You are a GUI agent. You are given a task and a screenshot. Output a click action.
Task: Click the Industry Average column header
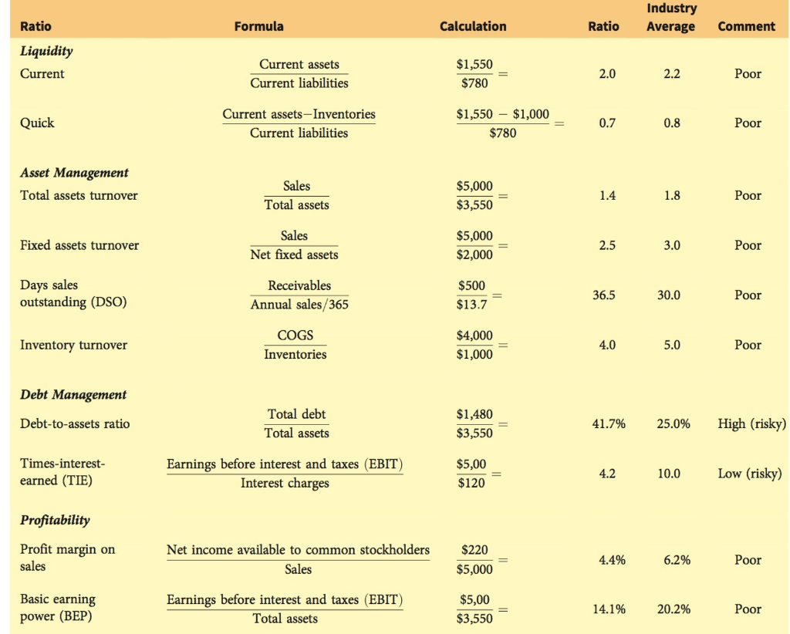(x=671, y=18)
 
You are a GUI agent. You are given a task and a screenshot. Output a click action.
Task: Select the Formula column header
(x=258, y=26)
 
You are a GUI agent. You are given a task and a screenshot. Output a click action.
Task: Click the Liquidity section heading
(x=46, y=51)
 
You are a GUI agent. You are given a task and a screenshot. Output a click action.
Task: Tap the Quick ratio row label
(x=37, y=123)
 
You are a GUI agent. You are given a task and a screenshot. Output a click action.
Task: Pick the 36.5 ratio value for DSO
(x=603, y=295)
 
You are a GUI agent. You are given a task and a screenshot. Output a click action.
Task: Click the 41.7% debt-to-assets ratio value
(x=606, y=423)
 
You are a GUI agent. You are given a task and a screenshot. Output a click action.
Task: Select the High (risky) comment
(x=751, y=423)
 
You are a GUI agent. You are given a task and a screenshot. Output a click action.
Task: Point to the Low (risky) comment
(x=749, y=473)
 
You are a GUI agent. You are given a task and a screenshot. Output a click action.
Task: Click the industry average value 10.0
(x=669, y=473)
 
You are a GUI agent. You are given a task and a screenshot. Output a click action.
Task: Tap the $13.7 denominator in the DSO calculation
(x=472, y=305)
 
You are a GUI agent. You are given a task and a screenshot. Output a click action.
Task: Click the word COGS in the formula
(x=295, y=336)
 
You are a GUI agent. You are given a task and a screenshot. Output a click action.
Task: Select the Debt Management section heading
(x=73, y=395)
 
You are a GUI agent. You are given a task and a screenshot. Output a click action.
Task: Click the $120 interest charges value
(x=472, y=484)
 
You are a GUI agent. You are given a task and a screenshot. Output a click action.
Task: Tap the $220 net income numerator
(x=474, y=550)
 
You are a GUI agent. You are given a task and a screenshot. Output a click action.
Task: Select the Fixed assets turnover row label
(x=79, y=245)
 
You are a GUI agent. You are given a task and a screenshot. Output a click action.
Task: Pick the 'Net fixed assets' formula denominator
(x=294, y=255)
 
